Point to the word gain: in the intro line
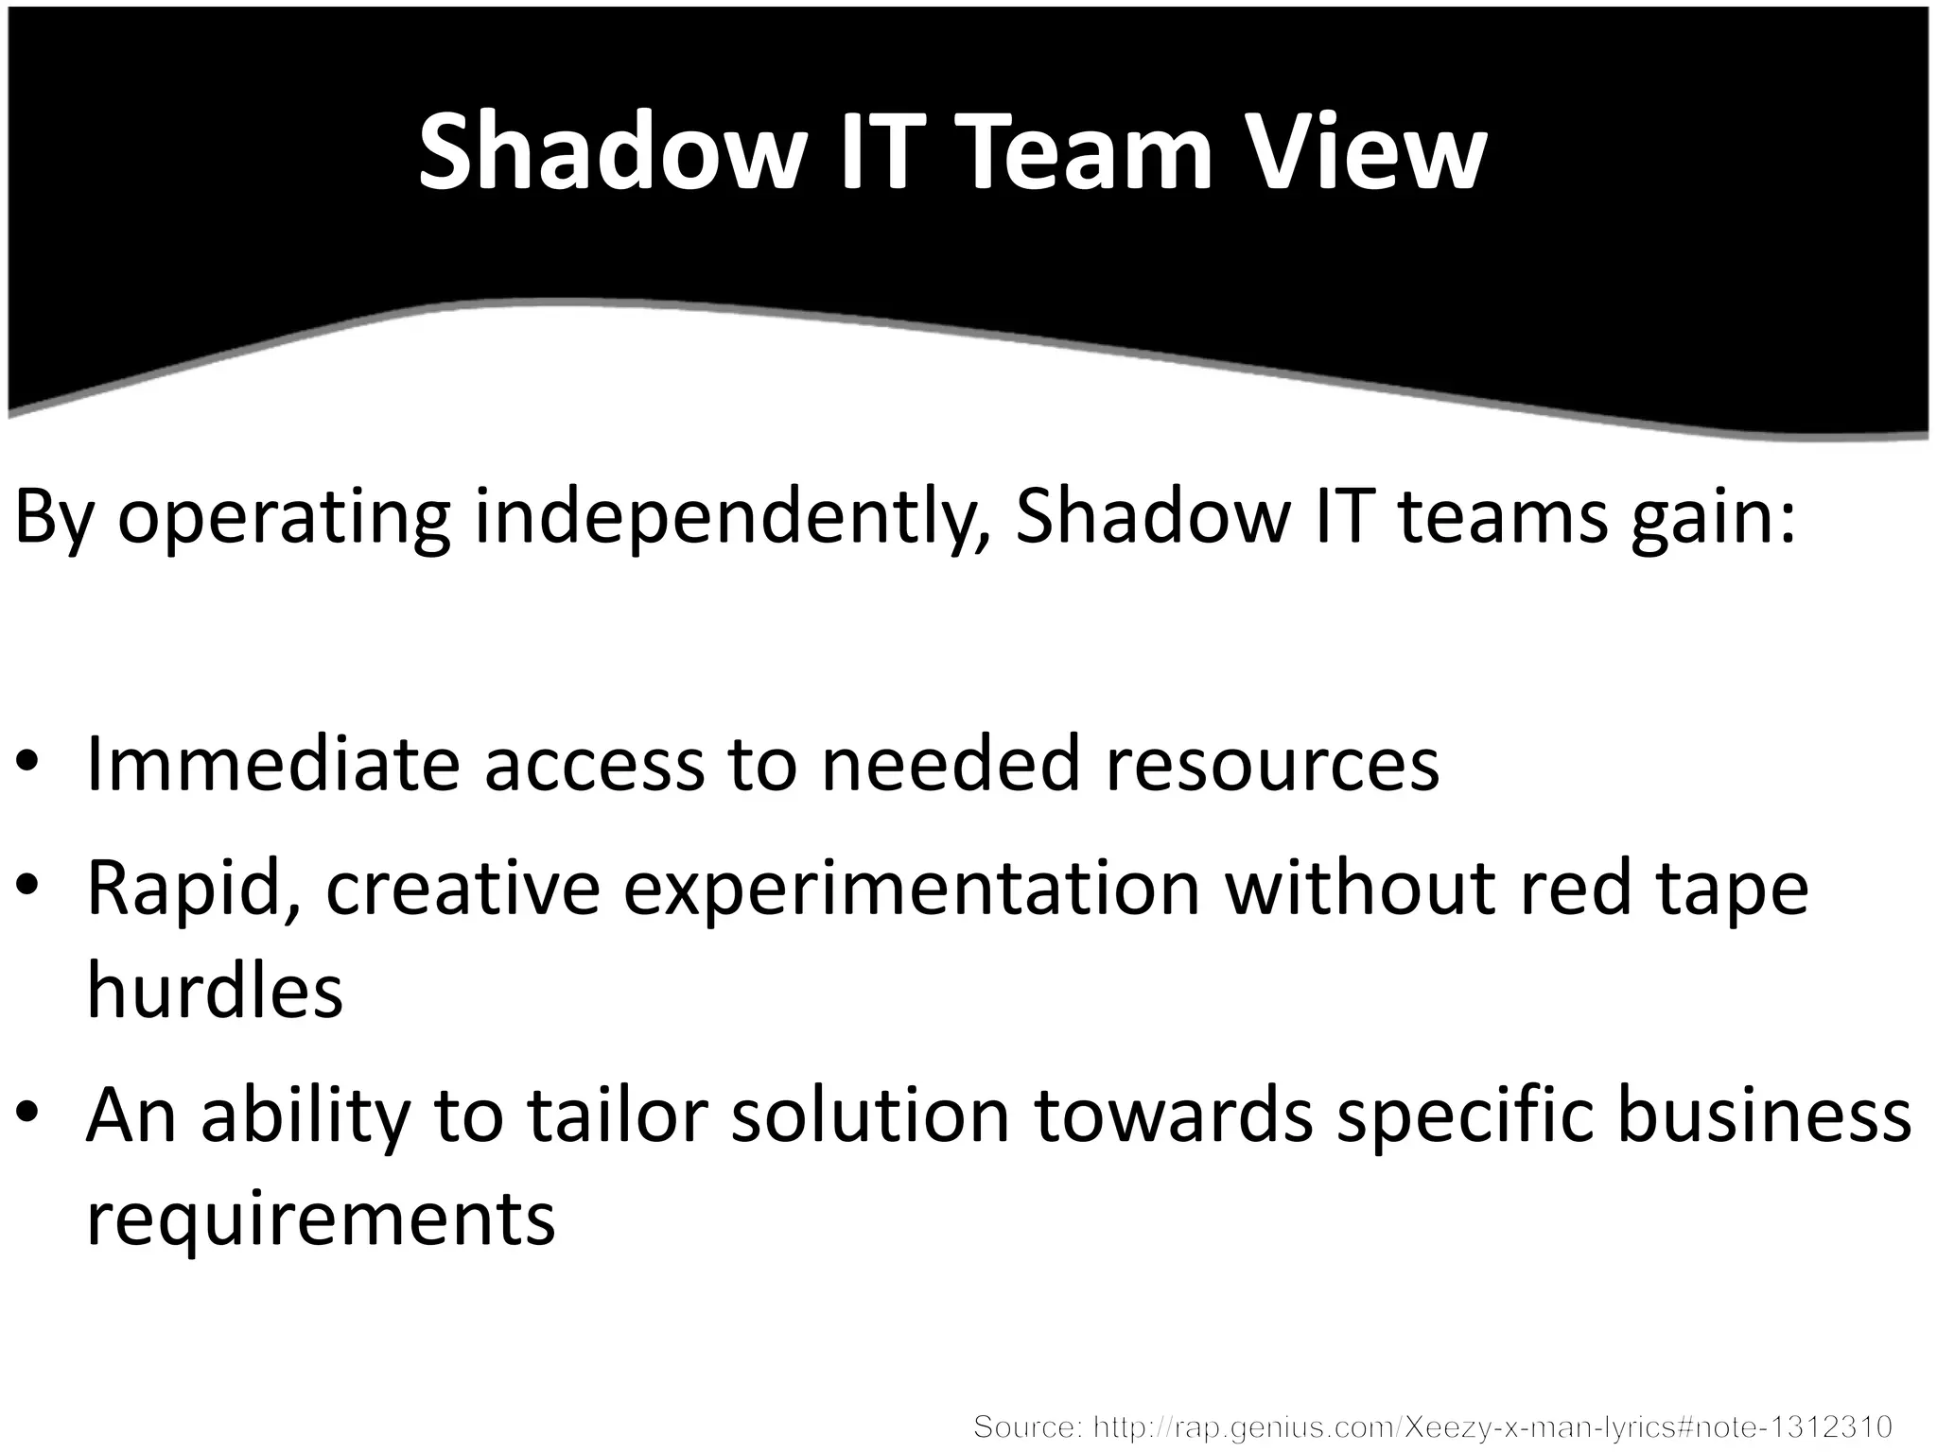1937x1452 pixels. (x=1713, y=518)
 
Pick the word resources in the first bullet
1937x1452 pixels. (x=1272, y=763)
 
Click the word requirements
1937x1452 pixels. (x=321, y=1219)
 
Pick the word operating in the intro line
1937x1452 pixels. (x=284, y=518)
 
